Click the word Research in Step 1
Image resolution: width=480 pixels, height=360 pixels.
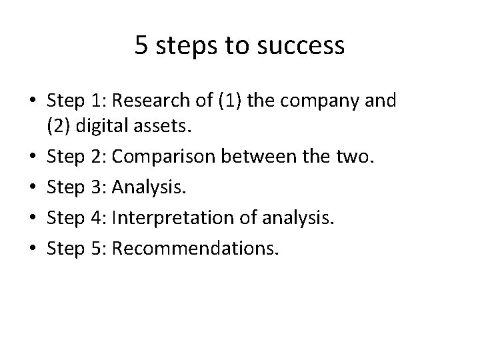[143, 101]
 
